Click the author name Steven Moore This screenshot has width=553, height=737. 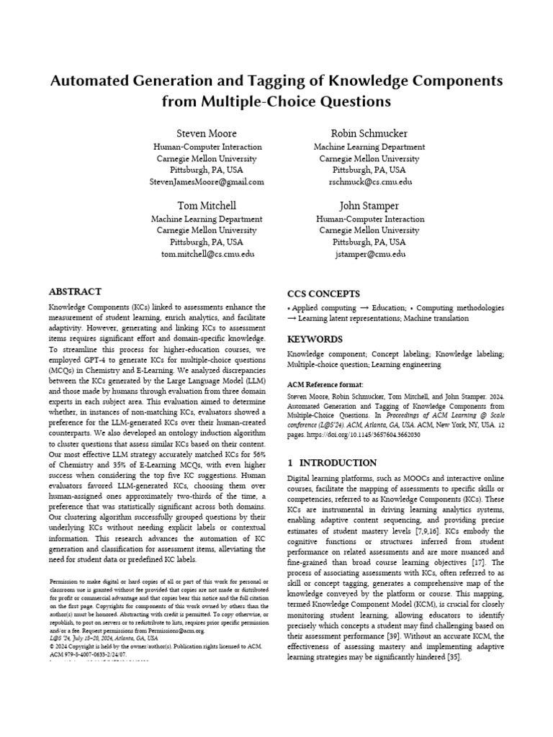coord(207,134)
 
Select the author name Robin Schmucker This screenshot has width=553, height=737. coord(370,134)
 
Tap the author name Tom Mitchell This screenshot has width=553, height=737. coord(207,206)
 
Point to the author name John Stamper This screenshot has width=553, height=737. coord(370,206)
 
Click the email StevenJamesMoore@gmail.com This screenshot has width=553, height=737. coord(207,182)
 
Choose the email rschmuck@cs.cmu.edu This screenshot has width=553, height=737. coord(370,182)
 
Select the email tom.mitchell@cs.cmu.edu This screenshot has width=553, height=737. coord(207,254)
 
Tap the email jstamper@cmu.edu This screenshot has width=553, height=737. coord(370,254)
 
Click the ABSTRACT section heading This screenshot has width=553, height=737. coord(75,292)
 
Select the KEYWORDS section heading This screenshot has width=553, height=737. coord(315,339)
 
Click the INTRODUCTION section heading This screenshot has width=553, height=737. coord(338,463)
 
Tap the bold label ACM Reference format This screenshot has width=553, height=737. coord(325,384)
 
